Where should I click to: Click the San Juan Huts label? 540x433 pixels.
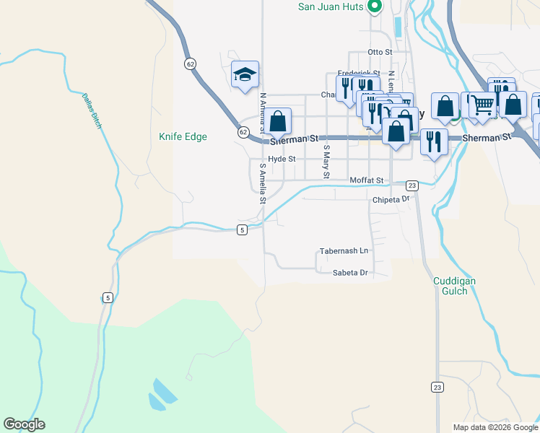331,8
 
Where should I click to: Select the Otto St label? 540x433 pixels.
380,53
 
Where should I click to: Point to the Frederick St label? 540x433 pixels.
358,74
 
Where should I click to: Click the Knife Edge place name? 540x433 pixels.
183,136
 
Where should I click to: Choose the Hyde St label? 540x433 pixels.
282,159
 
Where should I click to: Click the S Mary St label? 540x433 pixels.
326,162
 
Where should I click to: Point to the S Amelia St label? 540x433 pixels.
263,183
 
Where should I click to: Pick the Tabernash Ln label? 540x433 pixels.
344,251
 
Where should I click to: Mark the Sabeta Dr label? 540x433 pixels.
351,273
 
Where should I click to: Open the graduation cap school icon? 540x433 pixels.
245,74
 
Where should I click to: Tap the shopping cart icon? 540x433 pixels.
482,105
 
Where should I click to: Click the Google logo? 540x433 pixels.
25,424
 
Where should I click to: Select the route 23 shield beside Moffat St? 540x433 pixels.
411,185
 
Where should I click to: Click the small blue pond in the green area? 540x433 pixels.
162,393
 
